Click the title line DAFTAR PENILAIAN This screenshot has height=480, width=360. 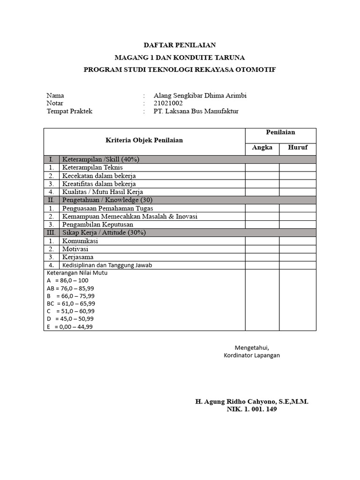[180, 45]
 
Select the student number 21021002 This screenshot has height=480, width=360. [168, 103]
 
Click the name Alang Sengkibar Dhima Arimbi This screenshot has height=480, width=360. [200, 96]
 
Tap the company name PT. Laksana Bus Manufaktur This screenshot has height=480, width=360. [196, 111]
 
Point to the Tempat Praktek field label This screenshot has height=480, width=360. [69, 111]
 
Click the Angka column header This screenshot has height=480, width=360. [262, 148]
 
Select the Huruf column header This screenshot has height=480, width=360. [298, 148]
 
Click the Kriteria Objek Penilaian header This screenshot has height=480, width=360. [144, 140]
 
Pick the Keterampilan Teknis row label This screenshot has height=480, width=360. [92, 167]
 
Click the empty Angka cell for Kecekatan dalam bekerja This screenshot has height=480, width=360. [262, 176]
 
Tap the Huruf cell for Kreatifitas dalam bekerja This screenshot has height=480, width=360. [298, 184]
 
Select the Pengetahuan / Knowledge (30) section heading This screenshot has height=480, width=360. [102, 200]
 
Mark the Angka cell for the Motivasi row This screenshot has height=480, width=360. [262, 249]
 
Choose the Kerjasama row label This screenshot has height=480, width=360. [78, 257]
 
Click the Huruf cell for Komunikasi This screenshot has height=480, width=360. [298, 241]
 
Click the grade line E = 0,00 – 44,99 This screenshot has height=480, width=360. [70, 327]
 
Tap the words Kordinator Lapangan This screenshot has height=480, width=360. [252, 355]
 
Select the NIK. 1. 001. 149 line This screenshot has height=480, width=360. [252, 409]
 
